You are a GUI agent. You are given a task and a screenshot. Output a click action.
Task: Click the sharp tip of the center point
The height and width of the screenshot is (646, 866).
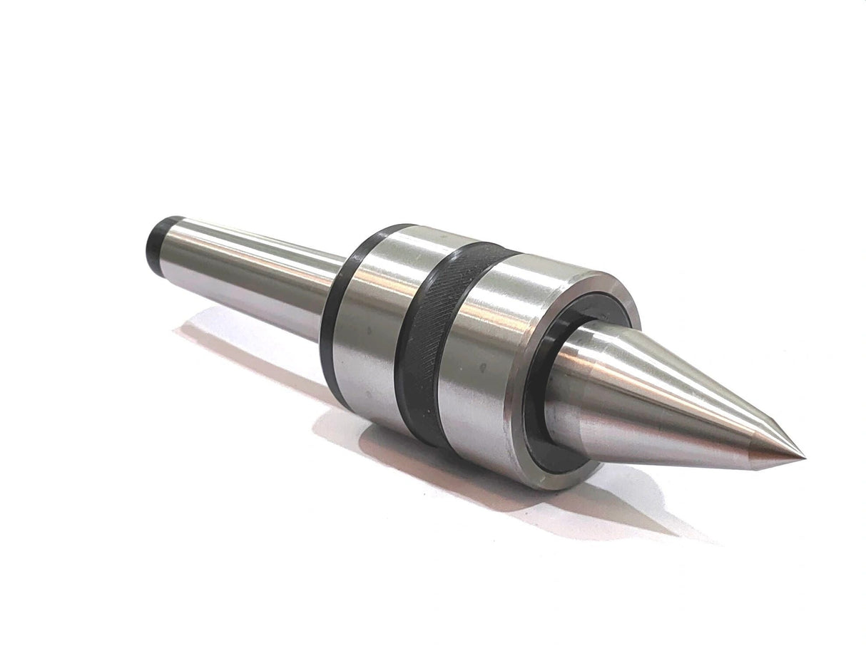click(x=804, y=456)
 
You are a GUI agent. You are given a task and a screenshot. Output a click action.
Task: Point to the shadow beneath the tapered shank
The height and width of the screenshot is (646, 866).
click(x=235, y=349)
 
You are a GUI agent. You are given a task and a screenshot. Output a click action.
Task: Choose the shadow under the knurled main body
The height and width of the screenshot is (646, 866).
click(x=428, y=463)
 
